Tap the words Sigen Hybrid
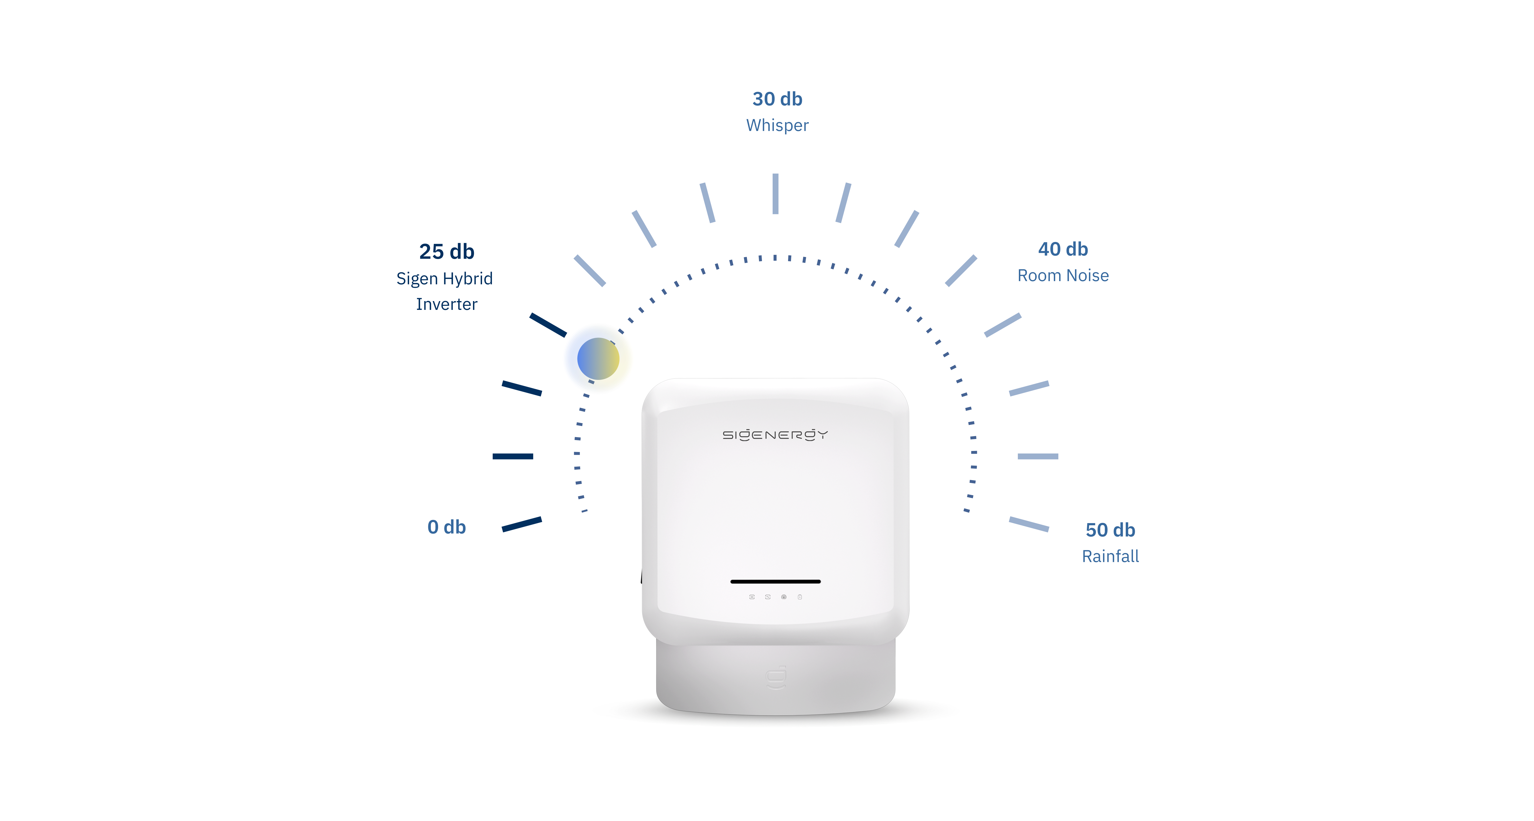(444, 279)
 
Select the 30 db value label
(777, 99)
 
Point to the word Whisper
(777, 126)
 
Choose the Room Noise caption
(1063, 276)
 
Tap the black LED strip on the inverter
(775, 581)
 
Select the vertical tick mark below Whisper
(775, 194)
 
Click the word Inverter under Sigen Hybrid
(447, 304)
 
